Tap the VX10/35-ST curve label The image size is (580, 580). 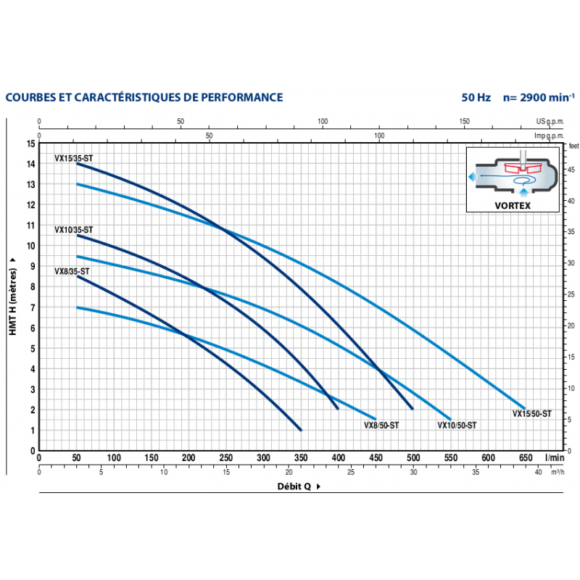pos(73,229)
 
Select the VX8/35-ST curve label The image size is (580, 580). pos(72,271)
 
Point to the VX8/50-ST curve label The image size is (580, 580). pos(381,426)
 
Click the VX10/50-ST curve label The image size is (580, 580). pos(457,426)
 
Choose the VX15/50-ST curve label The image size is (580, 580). pos(532,413)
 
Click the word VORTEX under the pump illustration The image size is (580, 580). pos(514,205)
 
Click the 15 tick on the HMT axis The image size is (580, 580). pos(30,144)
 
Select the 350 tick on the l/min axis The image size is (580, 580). pos(262,458)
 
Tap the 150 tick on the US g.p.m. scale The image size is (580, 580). pos(465,122)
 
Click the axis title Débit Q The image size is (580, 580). pos(294,486)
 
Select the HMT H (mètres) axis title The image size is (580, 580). pos(13,297)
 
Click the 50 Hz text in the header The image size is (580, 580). pos(476,97)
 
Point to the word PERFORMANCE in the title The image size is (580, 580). pos(234,97)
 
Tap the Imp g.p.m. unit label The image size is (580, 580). pos(550,135)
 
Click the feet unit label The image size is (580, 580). pos(572,146)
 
